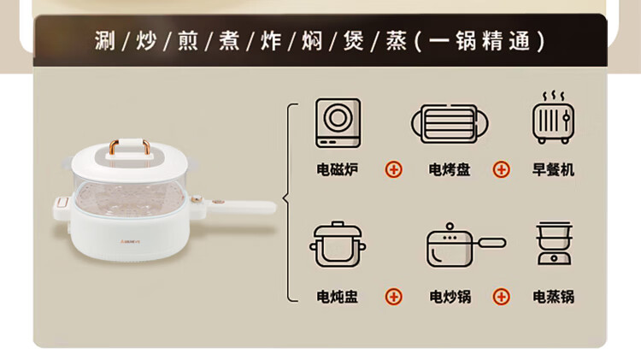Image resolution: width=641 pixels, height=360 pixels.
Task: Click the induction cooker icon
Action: [338, 123]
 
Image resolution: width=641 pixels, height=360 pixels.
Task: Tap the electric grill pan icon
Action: [450, 123]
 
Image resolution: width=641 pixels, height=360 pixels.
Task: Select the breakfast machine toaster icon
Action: [554, 118]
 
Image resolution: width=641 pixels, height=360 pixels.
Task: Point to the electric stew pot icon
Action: [338, 245]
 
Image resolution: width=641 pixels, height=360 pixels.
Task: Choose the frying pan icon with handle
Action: [466, 245]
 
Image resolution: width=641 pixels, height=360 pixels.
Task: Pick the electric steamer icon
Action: [554, 244]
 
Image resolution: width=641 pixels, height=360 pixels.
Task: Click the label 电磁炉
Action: [338, 169]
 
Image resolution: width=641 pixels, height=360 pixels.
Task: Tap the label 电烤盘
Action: [450, 169]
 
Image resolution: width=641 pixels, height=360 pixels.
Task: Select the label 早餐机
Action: [553, 169]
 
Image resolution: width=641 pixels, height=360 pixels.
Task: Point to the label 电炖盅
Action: [338, 297]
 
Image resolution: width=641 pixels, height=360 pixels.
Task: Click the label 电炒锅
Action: [450, 297]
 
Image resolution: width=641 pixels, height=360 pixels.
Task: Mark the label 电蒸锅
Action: [554, 297]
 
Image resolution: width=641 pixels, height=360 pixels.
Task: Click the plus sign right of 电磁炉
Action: [394, 169]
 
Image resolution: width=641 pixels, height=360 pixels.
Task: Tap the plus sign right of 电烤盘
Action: [501, 169]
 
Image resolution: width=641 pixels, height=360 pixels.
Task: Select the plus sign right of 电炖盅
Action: [394, 297]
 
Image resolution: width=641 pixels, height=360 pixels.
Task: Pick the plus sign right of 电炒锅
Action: [501, 297]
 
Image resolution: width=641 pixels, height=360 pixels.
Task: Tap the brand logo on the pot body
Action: [131, 241]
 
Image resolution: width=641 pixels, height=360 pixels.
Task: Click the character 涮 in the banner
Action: [105, 41]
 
